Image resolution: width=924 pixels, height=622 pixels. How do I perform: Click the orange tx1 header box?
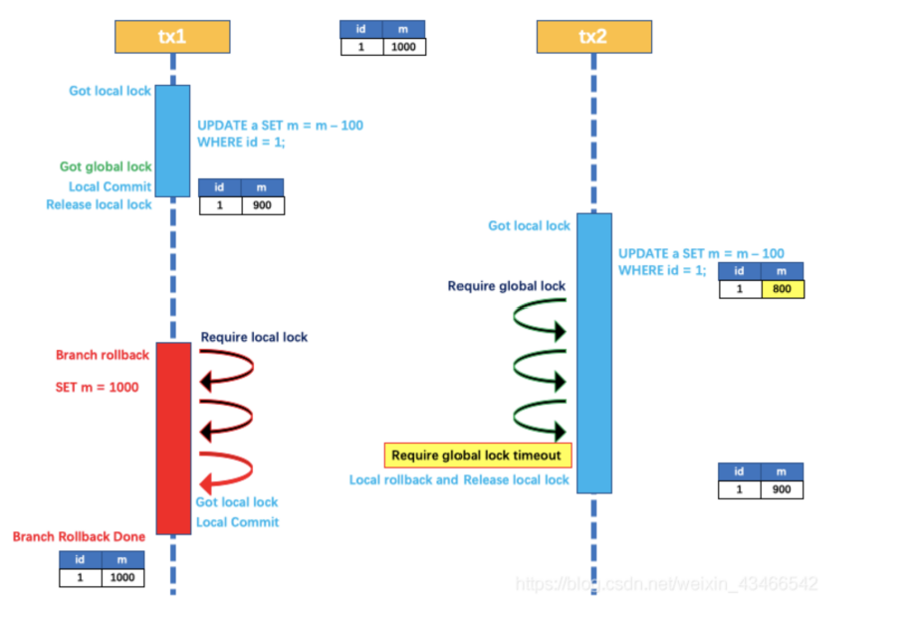(172, 37)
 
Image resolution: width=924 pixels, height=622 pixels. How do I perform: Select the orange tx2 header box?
(593, 37)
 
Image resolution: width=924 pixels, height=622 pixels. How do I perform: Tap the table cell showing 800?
(782, 289)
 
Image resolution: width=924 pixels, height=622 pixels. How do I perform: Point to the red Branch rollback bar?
(172, 438)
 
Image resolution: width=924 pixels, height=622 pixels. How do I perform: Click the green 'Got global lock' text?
(106, 166)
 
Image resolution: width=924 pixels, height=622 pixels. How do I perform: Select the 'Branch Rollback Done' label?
(79, 536)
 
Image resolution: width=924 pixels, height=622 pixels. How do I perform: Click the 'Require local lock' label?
(254, 337)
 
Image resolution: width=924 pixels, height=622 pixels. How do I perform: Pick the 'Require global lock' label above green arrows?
(506, 286)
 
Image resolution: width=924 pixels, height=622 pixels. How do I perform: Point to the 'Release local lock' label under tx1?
(99, 204)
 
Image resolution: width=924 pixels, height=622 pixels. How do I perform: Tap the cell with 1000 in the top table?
(404, 47)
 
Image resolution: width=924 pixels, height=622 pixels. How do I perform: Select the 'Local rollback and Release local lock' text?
(459, 479)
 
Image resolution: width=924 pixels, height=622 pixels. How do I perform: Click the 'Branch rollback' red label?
(103, 355)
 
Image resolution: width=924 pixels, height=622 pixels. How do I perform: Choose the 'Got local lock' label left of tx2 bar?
(529, 225)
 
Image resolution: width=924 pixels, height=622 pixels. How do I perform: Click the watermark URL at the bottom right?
(667, 583)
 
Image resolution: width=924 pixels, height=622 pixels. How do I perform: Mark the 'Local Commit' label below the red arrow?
(237, 521)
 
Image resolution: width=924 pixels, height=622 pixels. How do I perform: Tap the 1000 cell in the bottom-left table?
(122, 577)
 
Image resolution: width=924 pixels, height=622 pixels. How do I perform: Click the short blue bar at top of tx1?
(172, 141)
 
